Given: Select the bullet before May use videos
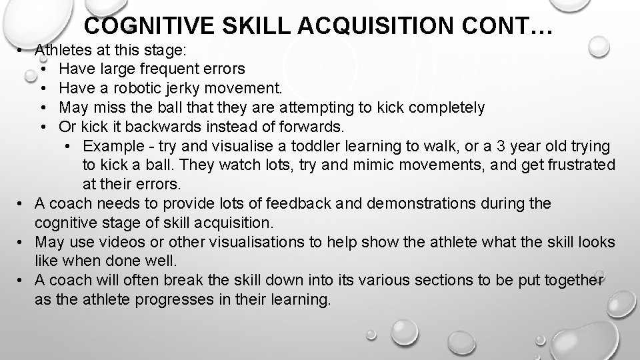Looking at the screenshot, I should (22, 242).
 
